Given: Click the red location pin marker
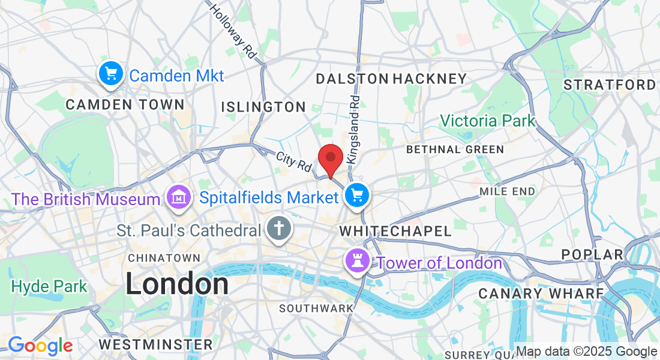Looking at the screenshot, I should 330,159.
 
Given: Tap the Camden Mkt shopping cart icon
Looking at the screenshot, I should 111,74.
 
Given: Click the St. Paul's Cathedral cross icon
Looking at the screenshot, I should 278,229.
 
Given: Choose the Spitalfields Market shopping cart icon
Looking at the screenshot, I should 358,195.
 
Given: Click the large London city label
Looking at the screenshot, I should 177,284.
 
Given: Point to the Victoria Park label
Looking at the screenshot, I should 487,121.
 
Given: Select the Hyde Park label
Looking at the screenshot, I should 49,287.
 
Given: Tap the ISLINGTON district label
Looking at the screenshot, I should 263,107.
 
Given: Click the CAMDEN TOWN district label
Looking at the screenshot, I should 125,104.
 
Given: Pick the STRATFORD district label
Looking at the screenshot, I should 610,85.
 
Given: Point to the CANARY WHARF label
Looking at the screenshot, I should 541,293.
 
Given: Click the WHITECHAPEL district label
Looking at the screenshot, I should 395,231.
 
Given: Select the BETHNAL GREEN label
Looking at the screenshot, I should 455,149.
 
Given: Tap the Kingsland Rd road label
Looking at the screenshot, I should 353,130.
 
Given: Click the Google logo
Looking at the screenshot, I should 40,346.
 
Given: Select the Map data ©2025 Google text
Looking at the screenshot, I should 586,352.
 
